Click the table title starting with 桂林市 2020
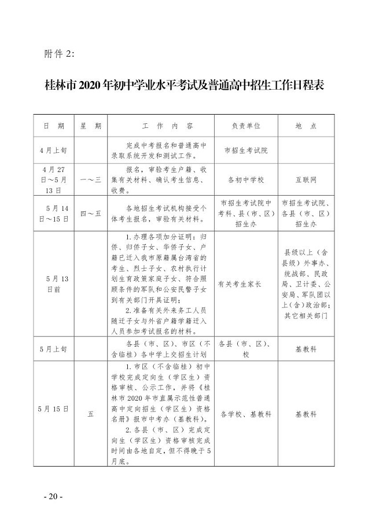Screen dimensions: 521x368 [183, 86]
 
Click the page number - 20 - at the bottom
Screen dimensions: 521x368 [53, 497]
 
